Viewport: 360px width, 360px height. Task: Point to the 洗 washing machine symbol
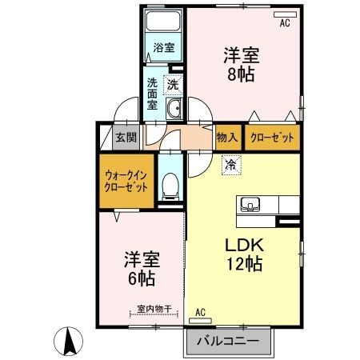[x=173, y=82]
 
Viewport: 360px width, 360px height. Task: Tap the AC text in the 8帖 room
[x=284, y=24]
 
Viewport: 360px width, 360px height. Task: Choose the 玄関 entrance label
[x=125, y=137]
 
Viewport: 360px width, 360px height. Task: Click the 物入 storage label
[x=226, y=137]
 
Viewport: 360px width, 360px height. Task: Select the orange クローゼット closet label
[x=271, y=137]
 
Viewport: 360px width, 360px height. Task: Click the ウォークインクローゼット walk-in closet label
[x=126, y=180]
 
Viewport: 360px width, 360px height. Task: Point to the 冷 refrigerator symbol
[x=230, y=166]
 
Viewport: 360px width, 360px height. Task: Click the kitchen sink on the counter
[x=248, y=203]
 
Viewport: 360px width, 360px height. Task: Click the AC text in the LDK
[x=200, y=312]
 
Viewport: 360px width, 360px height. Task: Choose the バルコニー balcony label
[x=230, y=340]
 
